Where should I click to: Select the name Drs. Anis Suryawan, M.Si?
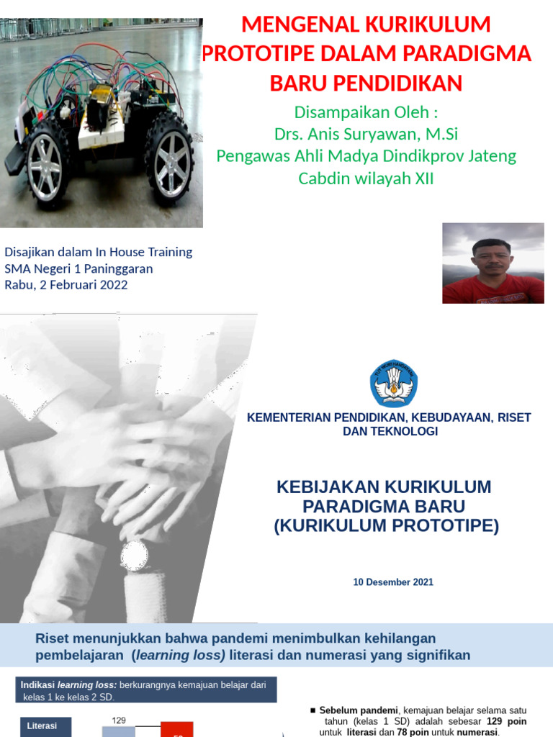tap(367, 135)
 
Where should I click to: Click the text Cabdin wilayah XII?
tap(367, 178)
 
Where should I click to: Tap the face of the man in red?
tap(492, 258)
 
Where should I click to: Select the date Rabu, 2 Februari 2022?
tap(66, 284)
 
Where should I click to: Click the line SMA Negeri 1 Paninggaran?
tap(78, 268)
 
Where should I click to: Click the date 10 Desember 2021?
tap(393, 582)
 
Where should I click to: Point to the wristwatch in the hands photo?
tap(134, 556)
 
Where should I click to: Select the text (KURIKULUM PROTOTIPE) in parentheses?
tap(386, 526)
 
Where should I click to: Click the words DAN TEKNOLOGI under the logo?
tap(390, 432)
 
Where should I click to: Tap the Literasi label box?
tap(42, 726)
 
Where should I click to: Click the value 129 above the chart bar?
tap(119, 720)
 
